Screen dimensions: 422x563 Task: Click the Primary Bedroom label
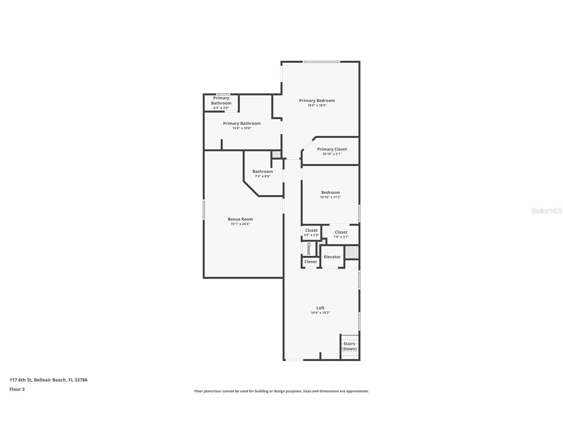point(317,101)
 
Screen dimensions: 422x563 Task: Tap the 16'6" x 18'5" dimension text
point(317,105)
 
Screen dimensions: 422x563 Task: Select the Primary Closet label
point(332,149)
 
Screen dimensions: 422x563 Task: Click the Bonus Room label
point(240,219)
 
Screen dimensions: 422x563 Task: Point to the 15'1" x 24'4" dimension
point(240,224)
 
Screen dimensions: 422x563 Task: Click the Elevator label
point(332,257)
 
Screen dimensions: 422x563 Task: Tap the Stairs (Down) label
point(349,346)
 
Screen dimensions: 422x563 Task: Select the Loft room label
point(320,308)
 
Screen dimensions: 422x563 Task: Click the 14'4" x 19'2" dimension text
point(320,313)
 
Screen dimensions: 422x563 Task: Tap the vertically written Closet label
point(309,248)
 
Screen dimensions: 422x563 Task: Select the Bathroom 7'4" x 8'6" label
point(262,172)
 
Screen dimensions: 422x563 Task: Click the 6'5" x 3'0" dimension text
point(221,108)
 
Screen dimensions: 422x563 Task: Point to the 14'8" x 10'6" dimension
point(242,128)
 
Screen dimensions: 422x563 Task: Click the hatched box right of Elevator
point(352,252)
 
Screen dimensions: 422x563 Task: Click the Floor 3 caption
point(17,389)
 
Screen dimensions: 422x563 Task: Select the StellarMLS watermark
point(546,211)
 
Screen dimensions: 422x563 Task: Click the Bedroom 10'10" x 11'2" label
point(330,192)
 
